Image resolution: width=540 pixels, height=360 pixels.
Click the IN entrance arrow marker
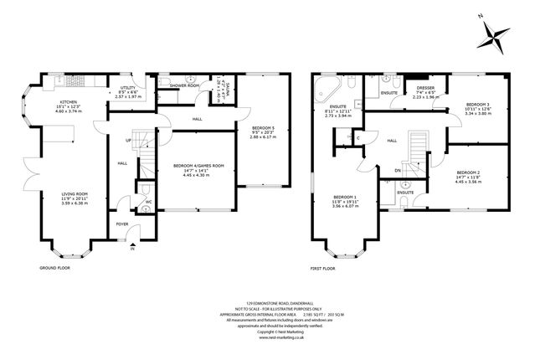point(131,249)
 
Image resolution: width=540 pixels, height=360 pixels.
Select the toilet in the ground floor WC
point(146,208)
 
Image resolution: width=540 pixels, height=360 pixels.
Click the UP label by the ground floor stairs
point(128,140)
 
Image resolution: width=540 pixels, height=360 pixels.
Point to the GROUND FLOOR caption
point(54,269)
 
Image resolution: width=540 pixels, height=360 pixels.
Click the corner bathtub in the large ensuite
point(324,91)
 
